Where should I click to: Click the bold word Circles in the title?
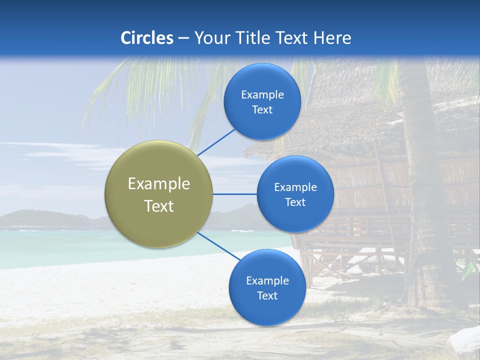pos(146,37)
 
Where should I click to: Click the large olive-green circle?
pos(158,193)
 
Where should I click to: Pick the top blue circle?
pos(262,101)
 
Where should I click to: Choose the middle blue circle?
pos(295,194)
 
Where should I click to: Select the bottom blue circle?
pos(267,287)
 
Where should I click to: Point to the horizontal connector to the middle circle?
pos(235,194)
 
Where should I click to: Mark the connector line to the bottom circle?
pos(218,246)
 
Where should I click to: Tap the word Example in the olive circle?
pos(158,183)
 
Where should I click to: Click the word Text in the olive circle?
pos(158,206)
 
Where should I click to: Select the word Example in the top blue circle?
pos(262,94)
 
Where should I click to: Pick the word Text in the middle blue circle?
pos(295,202)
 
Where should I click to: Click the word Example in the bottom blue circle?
pos(267,280)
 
